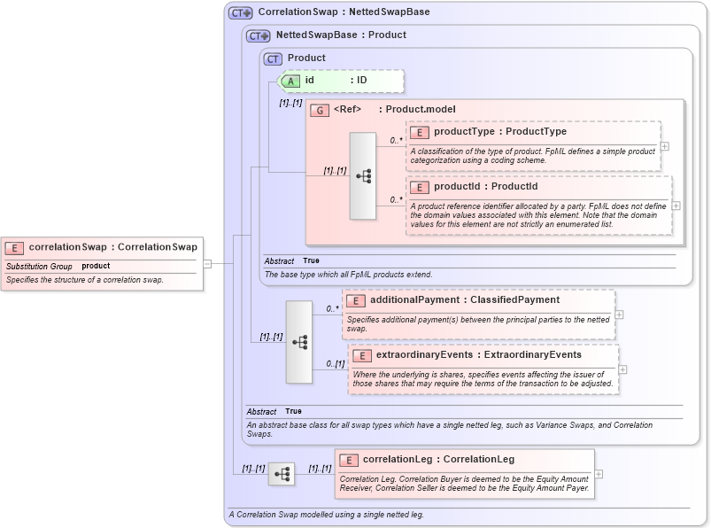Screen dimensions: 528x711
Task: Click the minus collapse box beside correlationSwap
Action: (x=207, y=263)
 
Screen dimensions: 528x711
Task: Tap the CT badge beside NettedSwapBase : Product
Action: (x=259, y=35)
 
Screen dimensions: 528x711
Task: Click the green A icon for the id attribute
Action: (x=291, y=81)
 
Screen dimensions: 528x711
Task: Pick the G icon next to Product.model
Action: (x=320, y=110)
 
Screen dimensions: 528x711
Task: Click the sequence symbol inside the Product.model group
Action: (x=363, y=175)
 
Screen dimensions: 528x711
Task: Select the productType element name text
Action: (x=464, y=132)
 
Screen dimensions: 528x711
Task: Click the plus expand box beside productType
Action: (x=664, y=147)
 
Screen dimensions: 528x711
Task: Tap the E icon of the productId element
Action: (x=419, y=187)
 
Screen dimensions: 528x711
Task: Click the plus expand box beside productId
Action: (x=676, y=206)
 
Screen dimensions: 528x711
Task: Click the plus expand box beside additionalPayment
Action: (x=619, y=314)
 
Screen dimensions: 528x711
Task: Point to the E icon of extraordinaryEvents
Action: (x=361, y=355)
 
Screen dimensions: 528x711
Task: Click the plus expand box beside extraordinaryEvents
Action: (x=622, y=369)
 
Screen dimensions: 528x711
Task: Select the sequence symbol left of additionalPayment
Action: (x=299, y=341)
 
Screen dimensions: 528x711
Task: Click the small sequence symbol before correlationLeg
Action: (x=282, y=475)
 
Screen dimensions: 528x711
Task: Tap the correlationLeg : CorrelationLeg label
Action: (x=438, y=460)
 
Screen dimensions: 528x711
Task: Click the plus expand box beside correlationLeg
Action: (x=598, y=474)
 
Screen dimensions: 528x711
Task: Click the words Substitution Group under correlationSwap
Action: (x=39, y=266)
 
